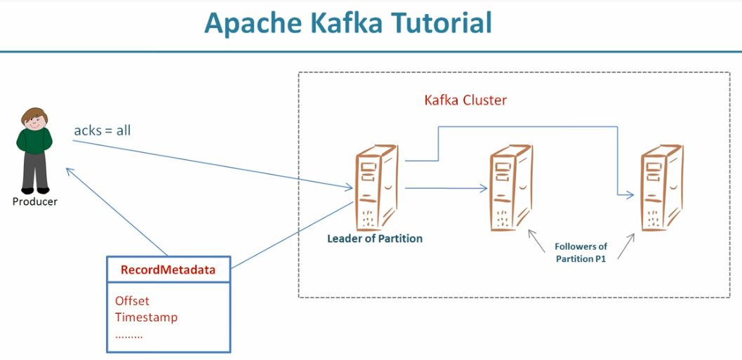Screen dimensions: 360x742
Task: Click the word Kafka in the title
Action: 335,23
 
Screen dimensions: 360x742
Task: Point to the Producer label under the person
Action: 34,201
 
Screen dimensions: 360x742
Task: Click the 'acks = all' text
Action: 102,131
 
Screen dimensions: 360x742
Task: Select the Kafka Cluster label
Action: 465,100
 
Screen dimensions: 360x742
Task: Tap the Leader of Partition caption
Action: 375,239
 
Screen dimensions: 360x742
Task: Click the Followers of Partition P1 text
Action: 581,252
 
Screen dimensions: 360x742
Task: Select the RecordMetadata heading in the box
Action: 168,269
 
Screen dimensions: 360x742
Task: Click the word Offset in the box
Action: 132,300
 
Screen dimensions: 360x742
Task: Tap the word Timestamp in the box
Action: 146,317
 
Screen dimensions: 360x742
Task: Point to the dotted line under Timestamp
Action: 128,335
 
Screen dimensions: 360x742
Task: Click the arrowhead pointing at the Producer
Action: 67,170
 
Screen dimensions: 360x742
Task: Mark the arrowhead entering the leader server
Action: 350,187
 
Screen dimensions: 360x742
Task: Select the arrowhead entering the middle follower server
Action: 484,188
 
